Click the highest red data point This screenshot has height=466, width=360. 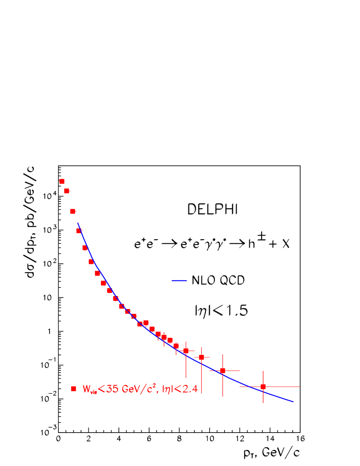pyautogui.click(x=62, y=181)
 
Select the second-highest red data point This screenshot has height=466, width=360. pyautogui.click(x=67, y=191)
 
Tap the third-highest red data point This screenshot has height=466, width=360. pyautogui.click(x=73, y=212)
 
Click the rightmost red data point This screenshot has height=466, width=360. pyautogui.click(x=263, y=387)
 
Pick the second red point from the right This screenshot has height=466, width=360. pyautogui.click(x=223, y=371)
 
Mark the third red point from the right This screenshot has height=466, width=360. pyautogui.click(x=201, y=357)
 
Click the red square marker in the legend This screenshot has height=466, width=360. pyautogui.click(x=73, y=389)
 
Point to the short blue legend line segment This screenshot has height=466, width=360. pyautogui.click(x=179, y=281)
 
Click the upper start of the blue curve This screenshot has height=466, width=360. pyautogui.click(x=78, y=223)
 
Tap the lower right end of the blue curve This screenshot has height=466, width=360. pyautogui.click(x=294, y=402)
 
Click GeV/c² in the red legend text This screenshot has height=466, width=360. pyautogui.click(x=134, y=389)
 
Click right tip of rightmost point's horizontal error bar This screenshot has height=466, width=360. pyautogui.click(x=300, y=387)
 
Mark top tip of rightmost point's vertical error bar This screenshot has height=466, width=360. pyautogui.click(x=263, y=371)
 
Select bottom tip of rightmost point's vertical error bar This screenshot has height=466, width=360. pyautogui.click(x=263, y=403)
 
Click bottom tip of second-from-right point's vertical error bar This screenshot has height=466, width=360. pyautogui.click(x=223, y=396)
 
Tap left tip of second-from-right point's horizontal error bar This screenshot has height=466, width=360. pyautogui.click(x=209, y=371)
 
